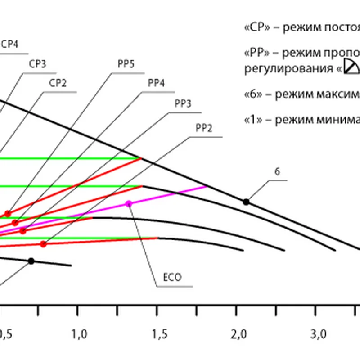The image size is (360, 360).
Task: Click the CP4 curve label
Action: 10,45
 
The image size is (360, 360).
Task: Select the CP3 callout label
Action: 38,64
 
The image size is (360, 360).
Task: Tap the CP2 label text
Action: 58,83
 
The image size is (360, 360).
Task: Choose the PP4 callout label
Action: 156,84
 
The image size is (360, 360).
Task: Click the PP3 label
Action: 183,103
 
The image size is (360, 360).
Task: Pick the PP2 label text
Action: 203,127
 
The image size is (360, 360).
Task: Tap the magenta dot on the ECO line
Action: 129,204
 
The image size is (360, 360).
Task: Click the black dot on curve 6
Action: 246,202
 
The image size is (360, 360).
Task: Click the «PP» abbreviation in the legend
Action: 256,53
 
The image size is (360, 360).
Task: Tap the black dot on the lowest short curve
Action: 31,261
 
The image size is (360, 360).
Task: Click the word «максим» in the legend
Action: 337,95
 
